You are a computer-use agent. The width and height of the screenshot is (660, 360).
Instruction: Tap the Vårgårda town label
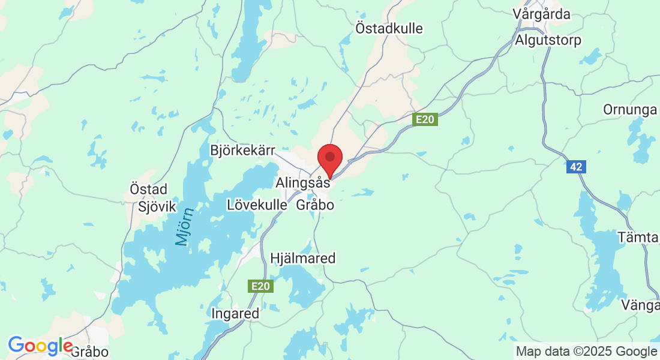click(542, 14)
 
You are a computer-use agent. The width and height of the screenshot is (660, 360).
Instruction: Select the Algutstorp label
click(548, 40)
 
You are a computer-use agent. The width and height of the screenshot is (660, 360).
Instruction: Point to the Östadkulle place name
click(389, 28)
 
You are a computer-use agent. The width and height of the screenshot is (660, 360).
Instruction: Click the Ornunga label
click(631, 110)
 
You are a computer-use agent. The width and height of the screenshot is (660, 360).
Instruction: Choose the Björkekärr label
click(242, 149)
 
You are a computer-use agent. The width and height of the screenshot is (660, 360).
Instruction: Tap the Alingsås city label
click(302, 182)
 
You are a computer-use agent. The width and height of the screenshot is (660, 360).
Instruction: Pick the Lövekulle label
click(257, 205)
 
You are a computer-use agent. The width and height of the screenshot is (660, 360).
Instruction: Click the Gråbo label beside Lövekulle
click(315, 205)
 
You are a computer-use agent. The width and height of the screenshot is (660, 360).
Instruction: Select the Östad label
click(149, 189)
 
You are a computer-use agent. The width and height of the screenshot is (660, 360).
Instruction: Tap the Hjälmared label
click(303, 259)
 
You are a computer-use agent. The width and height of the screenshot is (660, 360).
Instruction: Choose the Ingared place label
click(235, 314)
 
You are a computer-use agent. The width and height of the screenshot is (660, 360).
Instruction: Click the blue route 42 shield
click(576, 167)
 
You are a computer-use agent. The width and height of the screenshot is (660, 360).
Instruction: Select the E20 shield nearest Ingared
click(261, 287)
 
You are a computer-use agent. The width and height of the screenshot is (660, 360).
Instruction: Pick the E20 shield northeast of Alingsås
click(425, 120)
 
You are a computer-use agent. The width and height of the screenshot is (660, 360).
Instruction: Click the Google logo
click(40, 346)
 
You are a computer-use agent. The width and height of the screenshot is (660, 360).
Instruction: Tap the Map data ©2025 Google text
click(587, 351)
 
